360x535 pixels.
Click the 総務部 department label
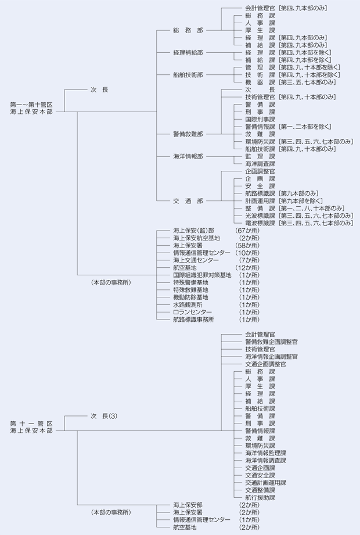[x=188, y=30]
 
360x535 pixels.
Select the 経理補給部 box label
[x=188, y=52]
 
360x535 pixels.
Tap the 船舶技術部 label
[x=188, y=75]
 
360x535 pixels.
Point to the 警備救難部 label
[x=188, y=134]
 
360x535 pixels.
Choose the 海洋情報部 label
[x=188, y=156]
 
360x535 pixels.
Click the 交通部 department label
[x=188, y=201]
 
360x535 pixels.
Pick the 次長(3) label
[x=104, y=416]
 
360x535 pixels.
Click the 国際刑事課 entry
[x=260, y=119]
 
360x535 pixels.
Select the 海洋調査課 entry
[x=260, y=164]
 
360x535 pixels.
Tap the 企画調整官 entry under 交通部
[x=260, y=171]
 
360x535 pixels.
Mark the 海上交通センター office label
[x=196, y=260]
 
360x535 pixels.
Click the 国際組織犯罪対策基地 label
[x=201, y=275]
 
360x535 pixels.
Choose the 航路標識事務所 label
[x=193, y=319]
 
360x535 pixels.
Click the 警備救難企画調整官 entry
[x=271, y=342]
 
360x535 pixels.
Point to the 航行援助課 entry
[x=260, y=498]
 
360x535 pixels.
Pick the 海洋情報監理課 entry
[x=265, y=453]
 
